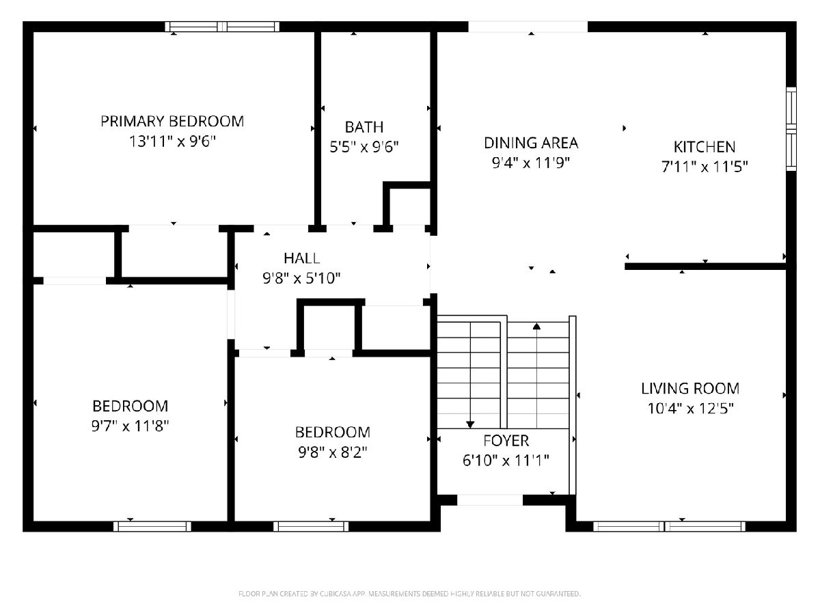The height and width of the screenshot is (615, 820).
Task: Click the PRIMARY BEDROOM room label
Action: point(172,122)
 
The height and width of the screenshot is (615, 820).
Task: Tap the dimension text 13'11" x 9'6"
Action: point(173,141)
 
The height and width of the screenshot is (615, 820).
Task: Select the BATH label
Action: point(364,127)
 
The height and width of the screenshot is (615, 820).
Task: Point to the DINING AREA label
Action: point(531,143)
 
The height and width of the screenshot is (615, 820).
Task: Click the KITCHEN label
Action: point(705,147)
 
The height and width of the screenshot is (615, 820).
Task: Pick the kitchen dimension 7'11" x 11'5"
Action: point(705,167)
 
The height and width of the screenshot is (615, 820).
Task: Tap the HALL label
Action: point(302,258)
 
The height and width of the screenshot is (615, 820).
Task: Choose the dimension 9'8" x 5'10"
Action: point(301,278)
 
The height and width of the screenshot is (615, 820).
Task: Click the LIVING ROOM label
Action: point(690,389)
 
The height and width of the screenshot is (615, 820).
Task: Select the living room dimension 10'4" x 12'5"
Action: point(690,409)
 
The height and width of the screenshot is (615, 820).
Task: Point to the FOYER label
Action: point(506,441)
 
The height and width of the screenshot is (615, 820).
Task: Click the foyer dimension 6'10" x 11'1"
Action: point(506,461)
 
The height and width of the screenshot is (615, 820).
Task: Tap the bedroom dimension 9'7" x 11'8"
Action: point(130,426)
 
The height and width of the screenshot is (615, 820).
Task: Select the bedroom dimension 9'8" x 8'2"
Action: point(333,452)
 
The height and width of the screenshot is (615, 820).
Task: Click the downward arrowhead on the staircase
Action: point(470,424)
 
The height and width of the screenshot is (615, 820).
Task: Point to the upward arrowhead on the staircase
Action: point(537,326)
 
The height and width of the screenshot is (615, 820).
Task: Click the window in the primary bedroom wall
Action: point(222,27)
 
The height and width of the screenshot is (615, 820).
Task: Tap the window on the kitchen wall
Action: point(791,129)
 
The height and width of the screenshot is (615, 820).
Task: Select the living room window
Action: point(670,526)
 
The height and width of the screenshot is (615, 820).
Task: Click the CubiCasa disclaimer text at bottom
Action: point(409,594)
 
